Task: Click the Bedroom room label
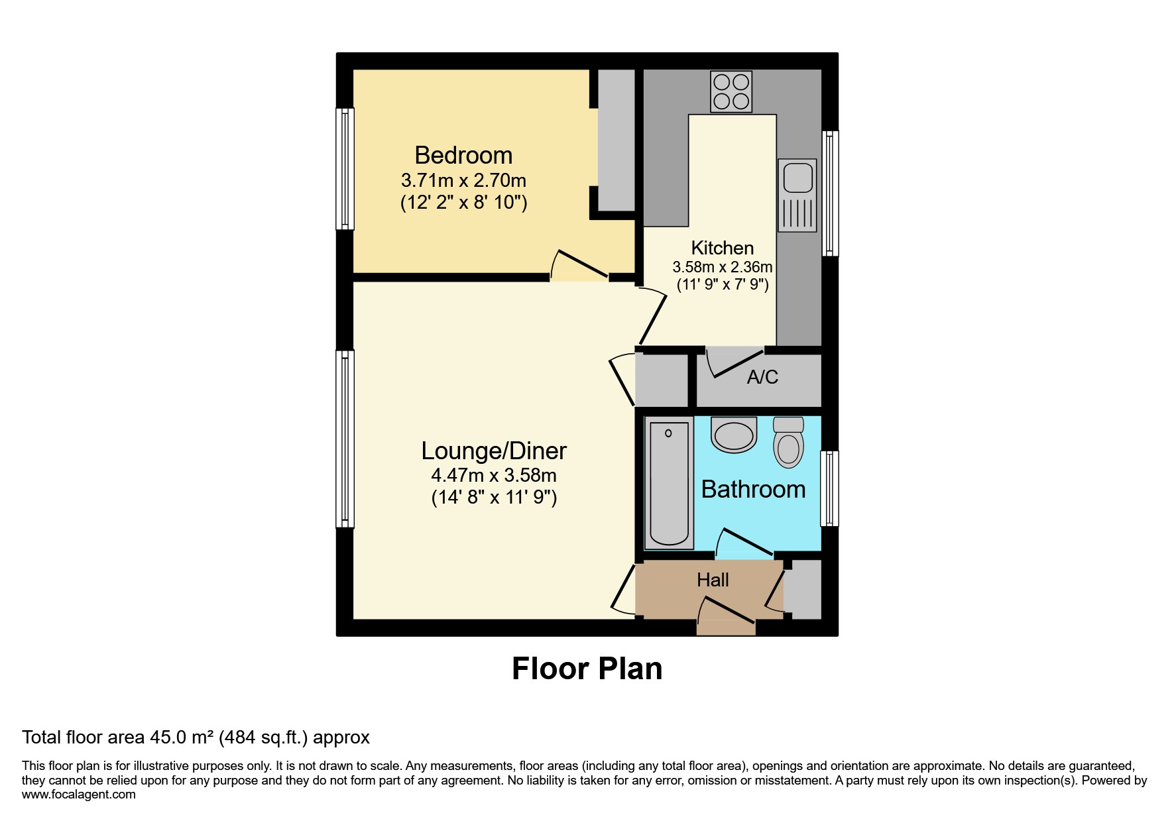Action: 463,155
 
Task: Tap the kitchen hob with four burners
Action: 731,91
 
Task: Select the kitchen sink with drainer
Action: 797,195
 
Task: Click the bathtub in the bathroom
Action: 668,483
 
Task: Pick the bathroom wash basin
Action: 734,435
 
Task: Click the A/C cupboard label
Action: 762,377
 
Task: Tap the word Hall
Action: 713,580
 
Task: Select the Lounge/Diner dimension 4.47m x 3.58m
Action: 494,475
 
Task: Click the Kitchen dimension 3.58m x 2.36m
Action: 723,267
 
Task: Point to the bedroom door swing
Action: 578,266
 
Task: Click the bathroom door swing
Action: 744,542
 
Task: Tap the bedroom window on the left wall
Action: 345,168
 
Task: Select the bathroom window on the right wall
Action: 829,488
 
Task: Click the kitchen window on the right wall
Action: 830,193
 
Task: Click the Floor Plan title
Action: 587,669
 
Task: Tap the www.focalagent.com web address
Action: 78,794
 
